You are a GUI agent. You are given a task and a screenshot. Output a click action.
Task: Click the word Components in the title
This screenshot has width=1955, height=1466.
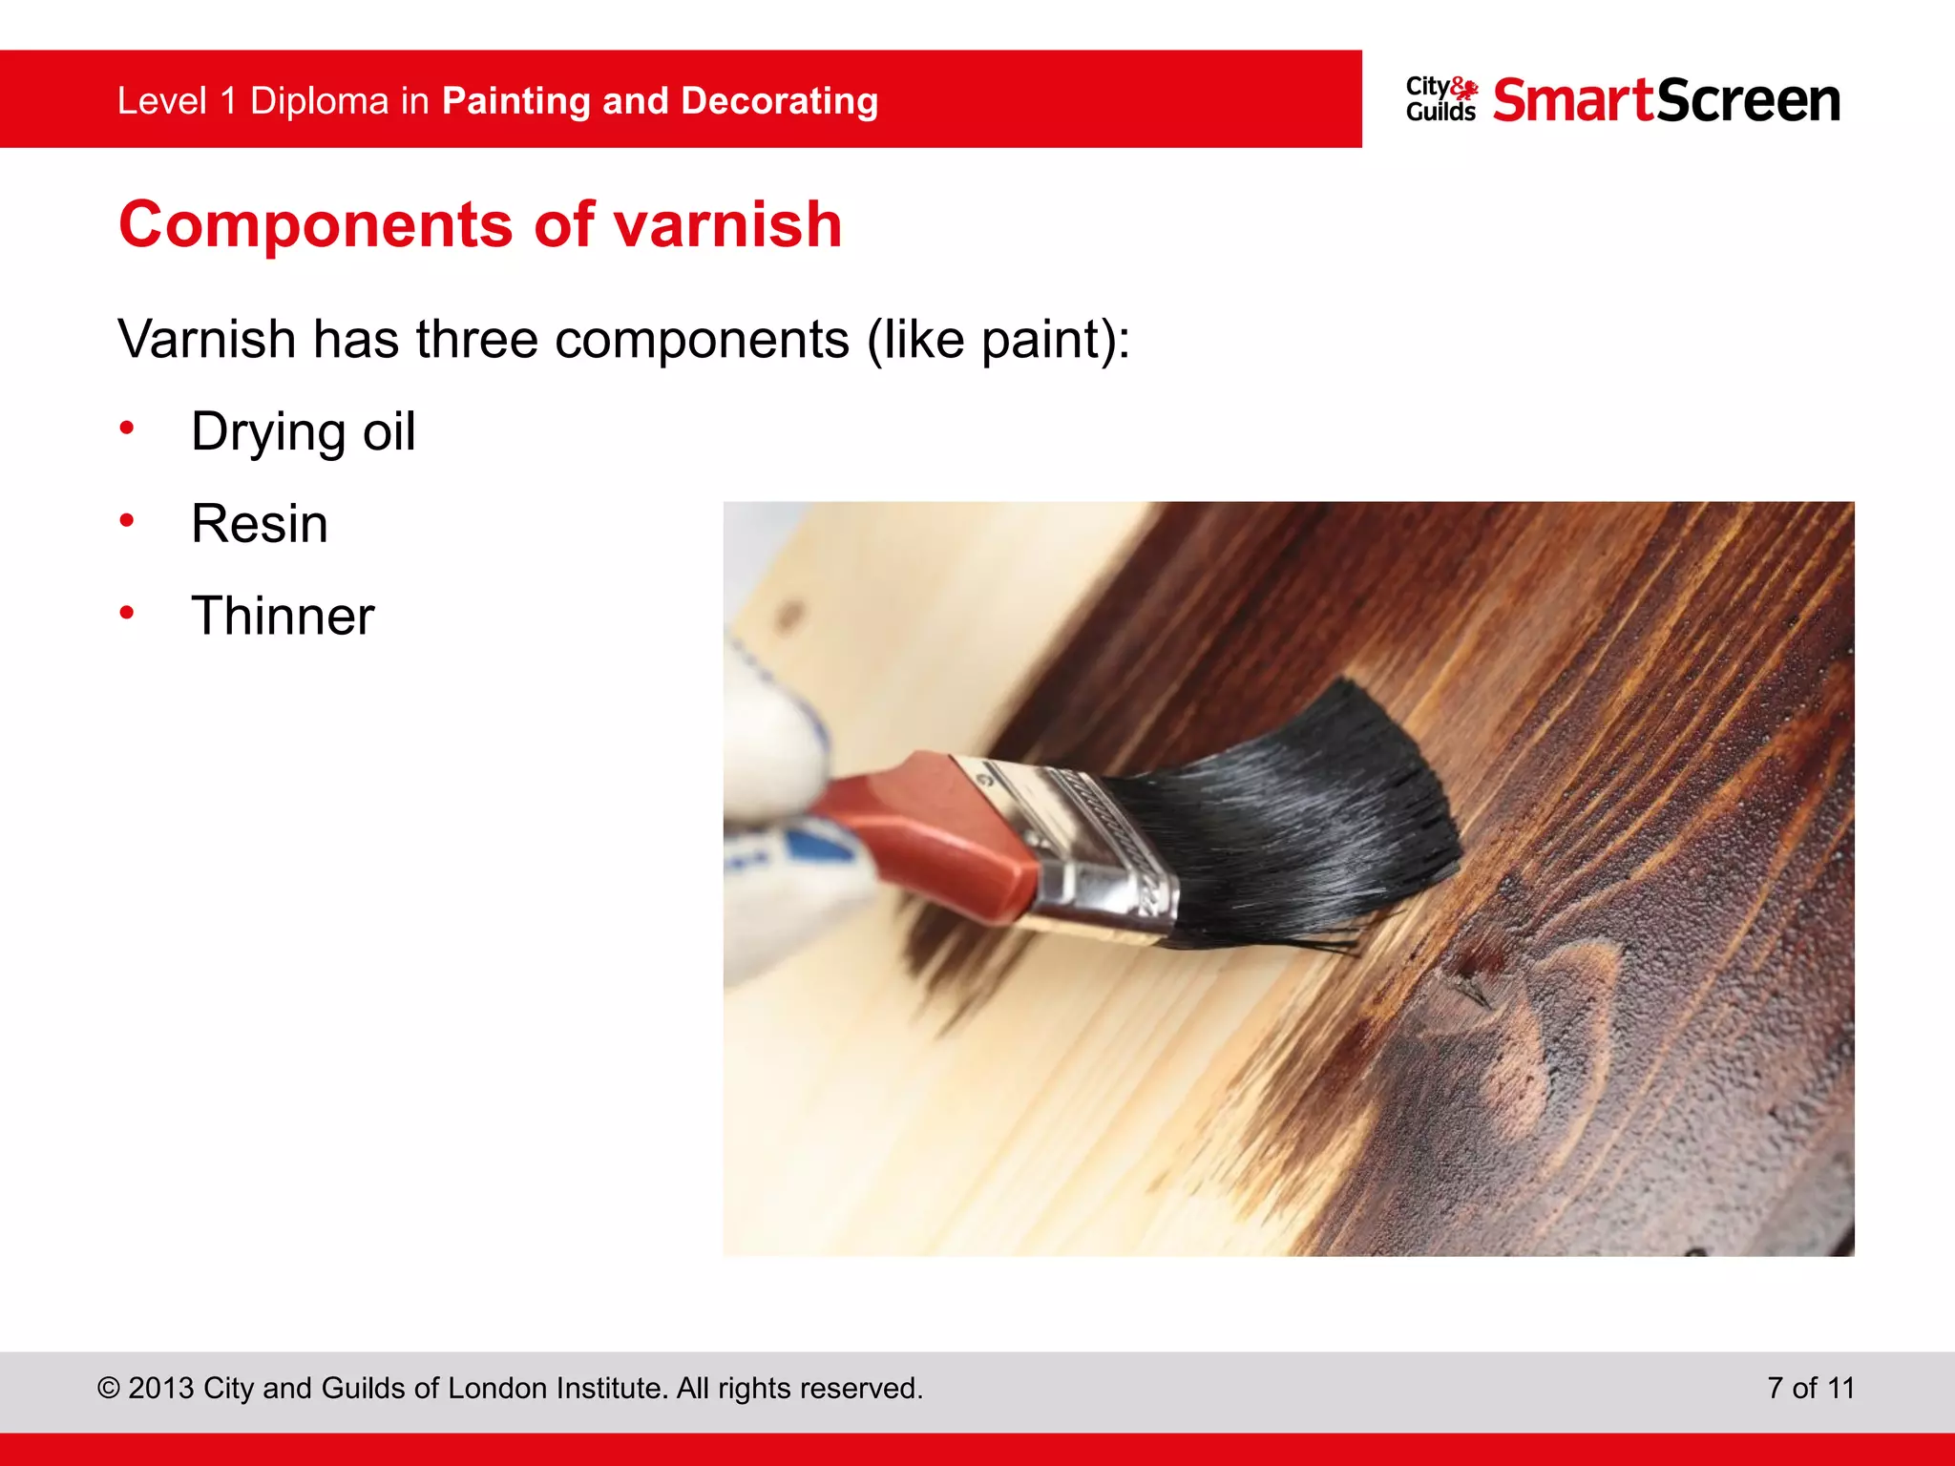316,227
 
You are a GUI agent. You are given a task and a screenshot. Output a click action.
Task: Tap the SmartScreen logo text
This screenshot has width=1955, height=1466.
1666,100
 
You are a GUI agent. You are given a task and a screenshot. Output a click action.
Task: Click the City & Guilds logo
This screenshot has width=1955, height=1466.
1440,99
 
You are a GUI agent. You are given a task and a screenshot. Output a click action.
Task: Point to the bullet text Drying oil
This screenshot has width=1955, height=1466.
303,432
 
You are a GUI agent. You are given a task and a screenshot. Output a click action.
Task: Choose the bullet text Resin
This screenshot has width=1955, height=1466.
260,524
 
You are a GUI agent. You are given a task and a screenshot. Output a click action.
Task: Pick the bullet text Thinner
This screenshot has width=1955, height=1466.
283,616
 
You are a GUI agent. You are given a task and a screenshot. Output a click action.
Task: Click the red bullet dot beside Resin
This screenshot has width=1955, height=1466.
127,520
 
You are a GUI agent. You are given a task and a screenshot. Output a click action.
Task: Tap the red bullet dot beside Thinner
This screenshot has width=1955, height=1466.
127,613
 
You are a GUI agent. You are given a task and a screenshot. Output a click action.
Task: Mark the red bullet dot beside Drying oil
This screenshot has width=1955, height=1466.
127,429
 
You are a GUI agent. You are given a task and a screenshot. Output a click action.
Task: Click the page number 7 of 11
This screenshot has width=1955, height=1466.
1810,1388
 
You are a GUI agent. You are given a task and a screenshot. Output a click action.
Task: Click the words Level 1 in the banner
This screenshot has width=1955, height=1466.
177,101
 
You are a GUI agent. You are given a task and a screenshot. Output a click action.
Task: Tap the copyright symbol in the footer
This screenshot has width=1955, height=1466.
108,1389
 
